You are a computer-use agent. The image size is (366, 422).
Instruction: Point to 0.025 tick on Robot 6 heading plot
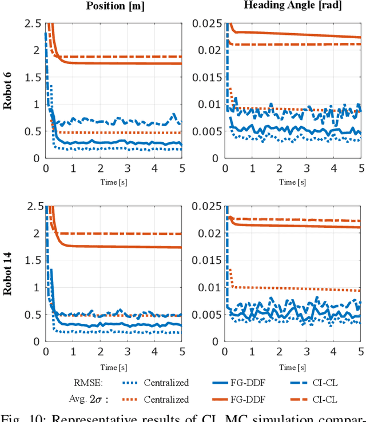click(209, 23)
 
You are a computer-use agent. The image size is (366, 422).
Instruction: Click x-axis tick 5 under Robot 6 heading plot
click(361, 168)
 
